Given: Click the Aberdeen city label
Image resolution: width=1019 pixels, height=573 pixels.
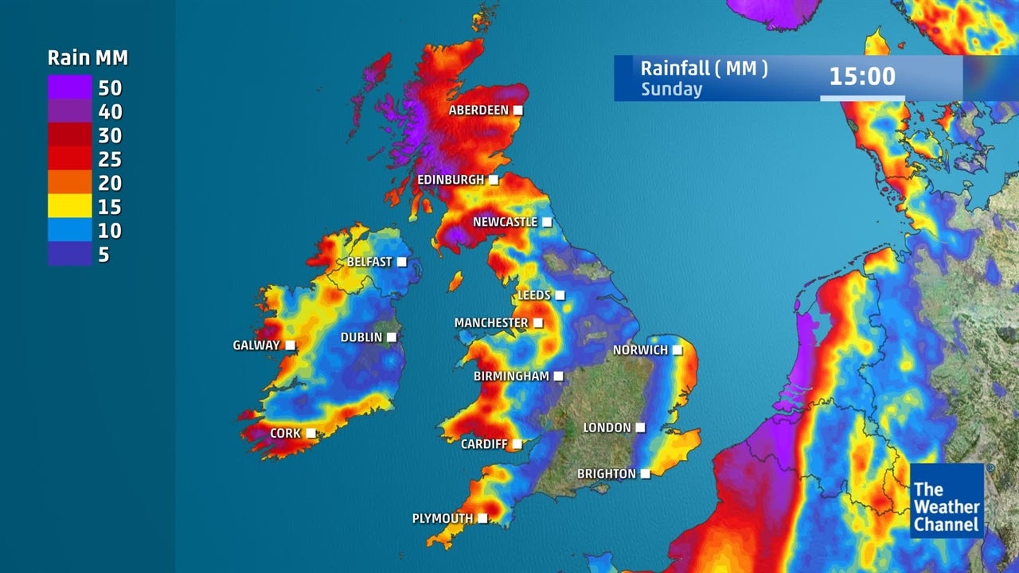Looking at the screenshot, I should point(478,110).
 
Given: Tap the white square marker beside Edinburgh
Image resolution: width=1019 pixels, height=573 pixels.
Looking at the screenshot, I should point(494,180).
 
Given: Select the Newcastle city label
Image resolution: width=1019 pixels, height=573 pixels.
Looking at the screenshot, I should point(505,222).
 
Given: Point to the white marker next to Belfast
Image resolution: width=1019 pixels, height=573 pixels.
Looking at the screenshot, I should point(402,261).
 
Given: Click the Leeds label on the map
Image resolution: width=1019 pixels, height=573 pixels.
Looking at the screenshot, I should point(533,295).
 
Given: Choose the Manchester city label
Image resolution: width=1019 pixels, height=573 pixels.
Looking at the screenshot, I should point(490,323).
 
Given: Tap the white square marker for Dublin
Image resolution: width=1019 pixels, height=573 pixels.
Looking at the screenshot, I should point(392,337).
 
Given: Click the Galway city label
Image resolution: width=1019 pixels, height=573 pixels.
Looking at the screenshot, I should point(256,345).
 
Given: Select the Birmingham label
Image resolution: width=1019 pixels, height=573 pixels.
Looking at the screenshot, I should point(511,376).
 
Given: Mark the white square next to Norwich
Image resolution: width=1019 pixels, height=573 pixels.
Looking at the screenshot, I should point(677,349).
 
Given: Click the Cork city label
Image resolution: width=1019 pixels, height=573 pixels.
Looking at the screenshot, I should point(285,434).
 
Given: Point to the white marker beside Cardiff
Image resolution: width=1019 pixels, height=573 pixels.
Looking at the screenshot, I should point(517,444).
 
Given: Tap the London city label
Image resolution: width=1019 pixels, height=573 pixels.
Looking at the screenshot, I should point(607,428).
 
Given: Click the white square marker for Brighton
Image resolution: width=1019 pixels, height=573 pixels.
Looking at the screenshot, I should point(646,474).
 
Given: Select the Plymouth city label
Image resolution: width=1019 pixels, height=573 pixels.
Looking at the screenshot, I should point(442,519).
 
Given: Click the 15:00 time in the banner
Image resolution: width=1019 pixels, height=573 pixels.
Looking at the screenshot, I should point(862,76).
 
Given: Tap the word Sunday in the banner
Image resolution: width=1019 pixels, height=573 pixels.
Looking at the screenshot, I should point(671,89).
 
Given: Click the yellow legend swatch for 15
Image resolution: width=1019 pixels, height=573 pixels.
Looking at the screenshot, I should point(69,207).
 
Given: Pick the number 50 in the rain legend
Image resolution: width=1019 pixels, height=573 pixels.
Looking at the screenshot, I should point(110,88).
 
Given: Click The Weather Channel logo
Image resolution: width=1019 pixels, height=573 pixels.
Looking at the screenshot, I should point(947,501).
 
